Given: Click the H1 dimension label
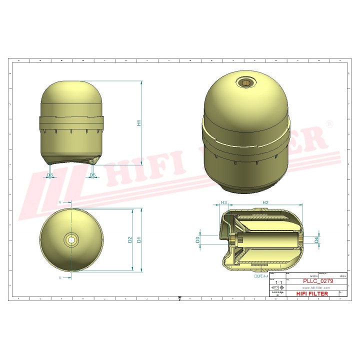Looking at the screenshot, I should coord(139,122).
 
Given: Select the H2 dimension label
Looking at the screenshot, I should coord(265,202).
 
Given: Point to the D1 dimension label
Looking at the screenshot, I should coord(139,239).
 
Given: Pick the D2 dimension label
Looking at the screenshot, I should coord(130,239).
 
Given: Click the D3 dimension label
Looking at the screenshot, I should coord(198,240).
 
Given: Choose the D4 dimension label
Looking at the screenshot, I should coord(316,240).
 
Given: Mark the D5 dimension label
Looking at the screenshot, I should coord(92,175).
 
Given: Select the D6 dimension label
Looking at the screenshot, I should coord(49,175).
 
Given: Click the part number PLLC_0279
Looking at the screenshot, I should coord(318,281).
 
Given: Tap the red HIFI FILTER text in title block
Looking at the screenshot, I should coord(312,293).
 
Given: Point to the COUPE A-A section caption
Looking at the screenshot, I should coord(261,275).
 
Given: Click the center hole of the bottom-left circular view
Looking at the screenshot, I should coord(72,240).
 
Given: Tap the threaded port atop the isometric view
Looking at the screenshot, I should coord(246,82).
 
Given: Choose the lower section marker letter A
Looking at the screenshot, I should coord(60,276).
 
